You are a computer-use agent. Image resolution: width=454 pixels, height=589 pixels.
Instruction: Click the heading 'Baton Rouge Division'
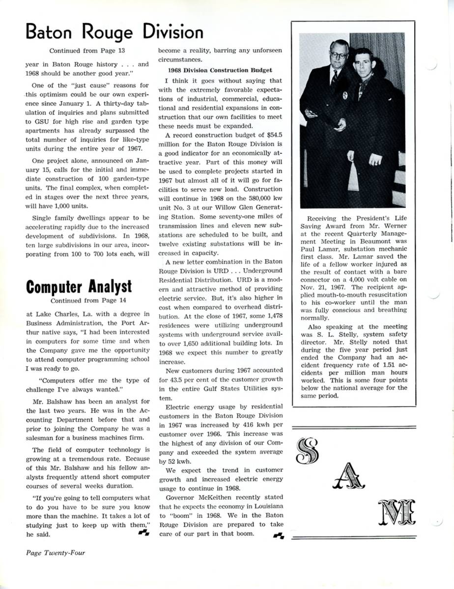click(x=114, y=32)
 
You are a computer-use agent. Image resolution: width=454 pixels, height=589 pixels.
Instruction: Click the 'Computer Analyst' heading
click(x=79, y=286)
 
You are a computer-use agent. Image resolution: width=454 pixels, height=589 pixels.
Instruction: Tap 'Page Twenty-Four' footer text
click(x=56, y=553)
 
